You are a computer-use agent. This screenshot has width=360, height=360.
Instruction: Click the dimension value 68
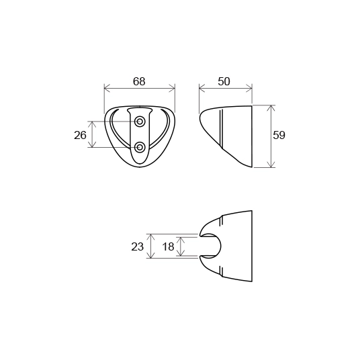139,81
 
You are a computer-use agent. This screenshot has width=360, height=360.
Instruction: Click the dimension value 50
224,81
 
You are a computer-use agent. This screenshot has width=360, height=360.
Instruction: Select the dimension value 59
279,135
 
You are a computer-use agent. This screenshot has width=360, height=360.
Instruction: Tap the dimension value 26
80,135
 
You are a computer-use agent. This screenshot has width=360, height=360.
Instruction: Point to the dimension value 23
137,246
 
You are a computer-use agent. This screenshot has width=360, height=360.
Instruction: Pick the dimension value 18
169,246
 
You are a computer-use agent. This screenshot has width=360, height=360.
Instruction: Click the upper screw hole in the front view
139,121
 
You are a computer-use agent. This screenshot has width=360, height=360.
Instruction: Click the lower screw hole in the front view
139,147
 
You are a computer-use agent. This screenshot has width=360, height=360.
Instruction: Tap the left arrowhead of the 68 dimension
107,88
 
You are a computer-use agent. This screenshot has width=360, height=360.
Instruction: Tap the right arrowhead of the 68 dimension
172,88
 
